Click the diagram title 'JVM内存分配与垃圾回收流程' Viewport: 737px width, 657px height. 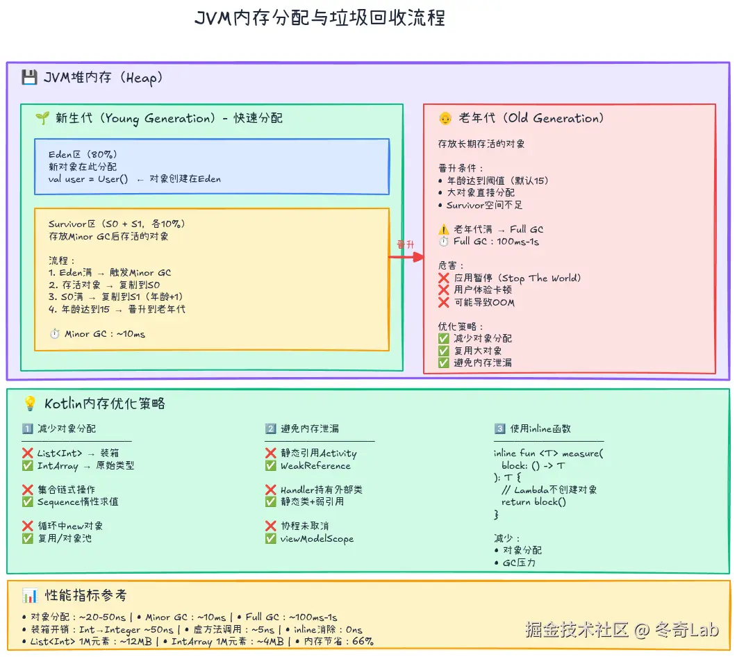(320, 17)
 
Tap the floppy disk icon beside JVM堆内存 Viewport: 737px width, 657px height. (29, 77)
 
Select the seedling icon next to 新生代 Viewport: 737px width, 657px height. (42, 118)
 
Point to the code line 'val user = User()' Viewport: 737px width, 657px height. (89, 179)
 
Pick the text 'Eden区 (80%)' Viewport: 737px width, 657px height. (82, 154)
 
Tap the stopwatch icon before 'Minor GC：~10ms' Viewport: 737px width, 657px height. (55, 334)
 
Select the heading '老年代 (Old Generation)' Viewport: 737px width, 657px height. (531, 118)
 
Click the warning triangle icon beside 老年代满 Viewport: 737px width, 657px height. (444, 229)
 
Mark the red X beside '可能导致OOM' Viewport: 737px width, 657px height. (444, 302)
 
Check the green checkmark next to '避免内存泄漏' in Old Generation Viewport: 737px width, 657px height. (444, 363)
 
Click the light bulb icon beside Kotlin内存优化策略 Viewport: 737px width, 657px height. (30, 404)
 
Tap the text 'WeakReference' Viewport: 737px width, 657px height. (315, 466)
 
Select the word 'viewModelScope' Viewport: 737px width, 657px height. (317, 539)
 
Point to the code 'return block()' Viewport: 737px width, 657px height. (533, 502)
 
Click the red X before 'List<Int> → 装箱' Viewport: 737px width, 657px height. (28, 454)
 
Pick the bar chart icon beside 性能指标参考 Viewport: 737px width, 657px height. (30, 595)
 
